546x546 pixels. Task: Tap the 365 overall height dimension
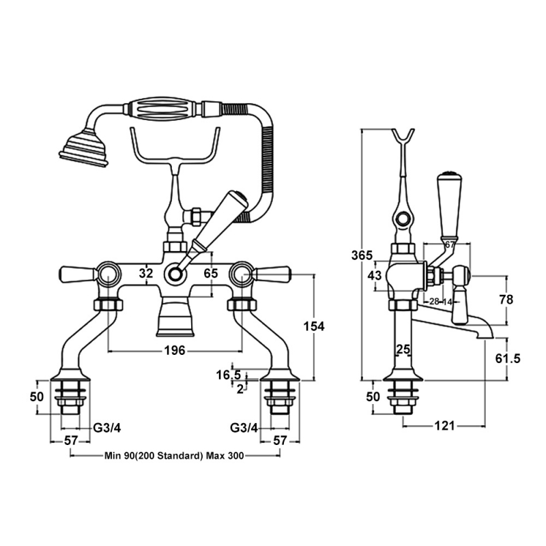tap(362, 255)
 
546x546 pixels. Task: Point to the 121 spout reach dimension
tap(444, 426)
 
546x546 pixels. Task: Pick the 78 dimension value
tap(506, 300)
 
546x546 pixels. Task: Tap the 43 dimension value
tap(375, 275)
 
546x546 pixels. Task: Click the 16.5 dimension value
tap(228, 375)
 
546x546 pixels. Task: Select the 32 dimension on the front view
tap(146, 273)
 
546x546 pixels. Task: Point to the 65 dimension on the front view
tap(211, 273)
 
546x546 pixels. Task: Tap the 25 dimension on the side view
tap(403, 349)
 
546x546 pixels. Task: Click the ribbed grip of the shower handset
tap(162, 109)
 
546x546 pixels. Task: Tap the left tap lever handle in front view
tap(77, 274)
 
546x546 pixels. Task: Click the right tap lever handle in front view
tap(272, 274)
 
